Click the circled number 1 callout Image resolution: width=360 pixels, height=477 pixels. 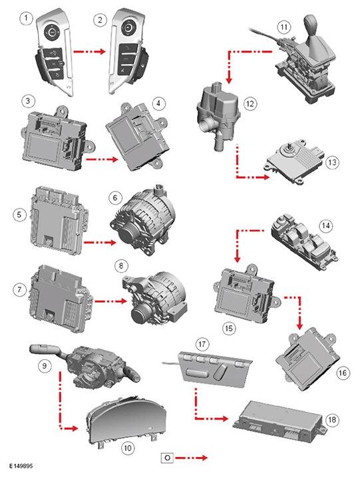point(26,19)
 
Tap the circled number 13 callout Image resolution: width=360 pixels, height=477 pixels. point(332,162)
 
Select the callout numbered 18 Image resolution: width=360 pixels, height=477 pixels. point(332,420)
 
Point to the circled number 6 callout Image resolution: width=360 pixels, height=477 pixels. point(115,198)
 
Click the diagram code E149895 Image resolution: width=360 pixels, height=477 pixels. point(21,466)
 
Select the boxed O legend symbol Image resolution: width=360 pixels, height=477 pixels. point(167,458)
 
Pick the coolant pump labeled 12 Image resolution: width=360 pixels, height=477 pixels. point(218,116)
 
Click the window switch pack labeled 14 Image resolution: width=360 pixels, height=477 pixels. point(304,242)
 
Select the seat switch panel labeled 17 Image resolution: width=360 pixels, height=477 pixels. point(215,367)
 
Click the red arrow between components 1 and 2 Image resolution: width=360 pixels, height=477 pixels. point(89,51)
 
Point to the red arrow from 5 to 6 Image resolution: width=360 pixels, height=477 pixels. point(100,242)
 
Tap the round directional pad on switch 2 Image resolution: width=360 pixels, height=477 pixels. point(128,28)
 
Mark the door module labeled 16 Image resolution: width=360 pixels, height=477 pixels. point(308,359)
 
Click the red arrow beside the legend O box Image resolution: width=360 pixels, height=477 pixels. point(192,458)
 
